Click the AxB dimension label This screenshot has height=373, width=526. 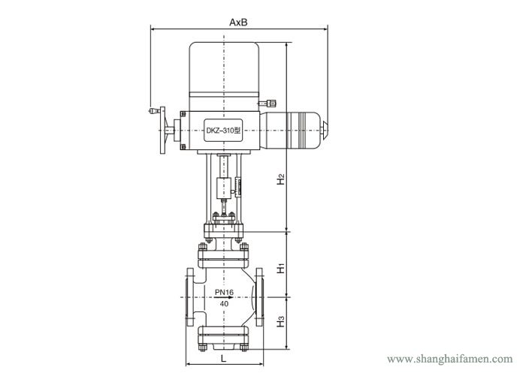point(238,22)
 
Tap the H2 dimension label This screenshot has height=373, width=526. point(281,179)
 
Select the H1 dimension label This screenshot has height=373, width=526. point(281,268)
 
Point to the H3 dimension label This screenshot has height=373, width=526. point(281,322)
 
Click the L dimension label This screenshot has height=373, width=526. point(224,358)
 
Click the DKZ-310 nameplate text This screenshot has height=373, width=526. point(223,131)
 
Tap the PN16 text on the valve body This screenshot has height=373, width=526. point(225,292)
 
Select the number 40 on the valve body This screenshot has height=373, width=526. point(225,304)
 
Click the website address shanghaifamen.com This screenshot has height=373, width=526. point(450,359)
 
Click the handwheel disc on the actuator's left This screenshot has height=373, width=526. point(163,130)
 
